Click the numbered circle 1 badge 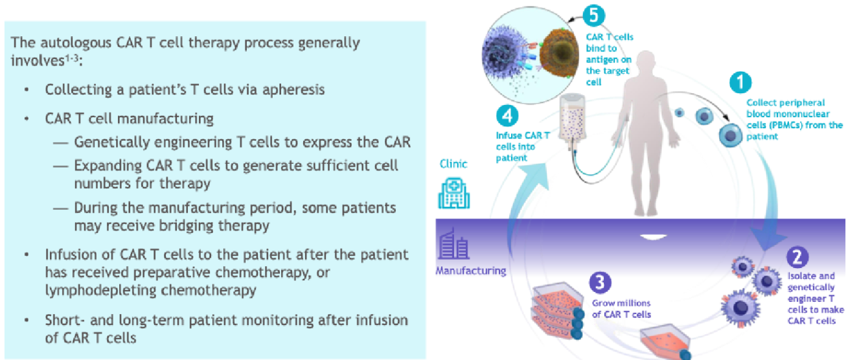pyautogui.click(x=740, y=84)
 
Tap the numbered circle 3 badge pyautogui.click(x=601, y=284)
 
